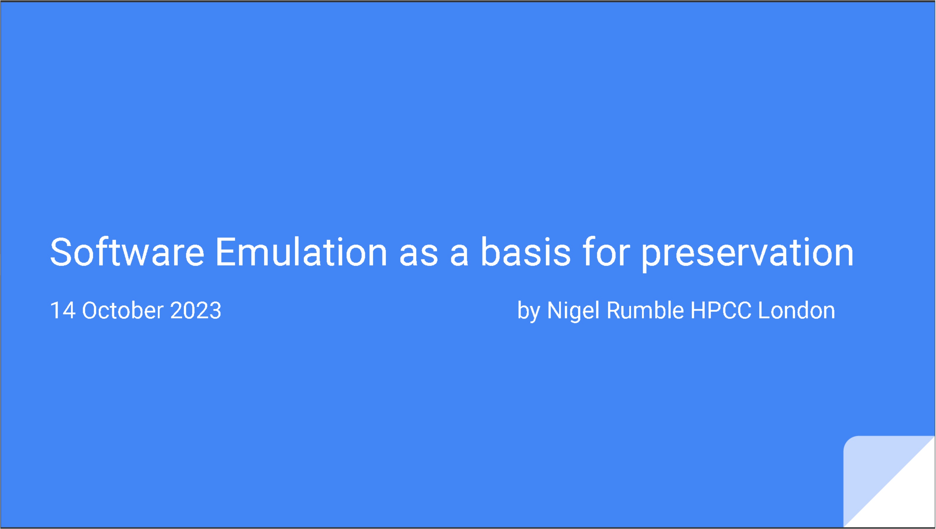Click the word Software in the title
click(127, 252)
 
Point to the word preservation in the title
click(747, 254)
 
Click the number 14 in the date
click(63, 310)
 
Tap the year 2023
click(195, 310)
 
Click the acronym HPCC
click(721, 310)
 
